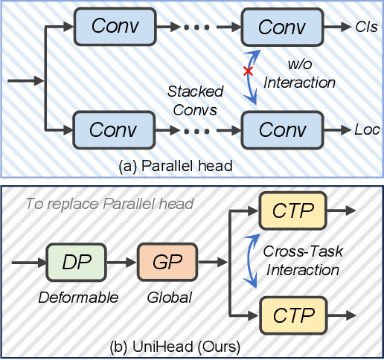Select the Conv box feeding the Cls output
[281, 27]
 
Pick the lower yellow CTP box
[292, 315]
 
